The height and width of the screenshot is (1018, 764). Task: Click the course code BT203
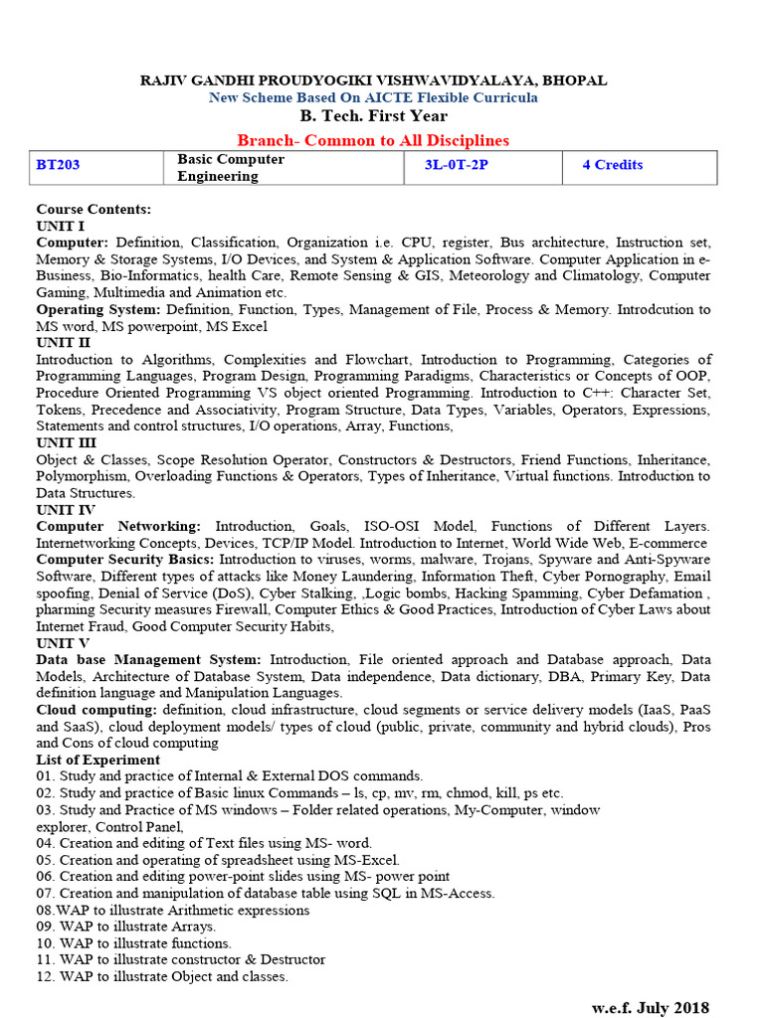click(x=58, y=165)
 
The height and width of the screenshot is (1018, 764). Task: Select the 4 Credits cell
click(x=613, y=165)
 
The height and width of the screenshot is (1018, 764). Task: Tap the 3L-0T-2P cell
click(x=449, y=165)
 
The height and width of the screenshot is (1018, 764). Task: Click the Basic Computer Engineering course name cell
click(x=231, y=168)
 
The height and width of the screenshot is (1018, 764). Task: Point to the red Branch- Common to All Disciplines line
click(x=373, y=140)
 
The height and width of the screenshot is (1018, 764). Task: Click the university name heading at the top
click(x=373, y=81)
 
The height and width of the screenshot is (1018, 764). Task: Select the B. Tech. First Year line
click(x=373, y=116)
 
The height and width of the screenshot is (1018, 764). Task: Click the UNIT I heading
click(x=61, y=226)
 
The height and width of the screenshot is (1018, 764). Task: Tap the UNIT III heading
click(x=67, y=442)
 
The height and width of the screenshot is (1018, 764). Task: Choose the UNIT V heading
click(x=63, y=643)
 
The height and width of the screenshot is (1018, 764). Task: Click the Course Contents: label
click(x=94, y=210)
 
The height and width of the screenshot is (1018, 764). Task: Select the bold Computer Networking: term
click(x=118, y=526)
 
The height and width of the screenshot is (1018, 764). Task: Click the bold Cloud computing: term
click(x=96, y=710)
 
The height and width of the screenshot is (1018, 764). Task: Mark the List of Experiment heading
click(x=97, y=760)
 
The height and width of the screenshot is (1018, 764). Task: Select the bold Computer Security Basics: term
click(x=123, y=560)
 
